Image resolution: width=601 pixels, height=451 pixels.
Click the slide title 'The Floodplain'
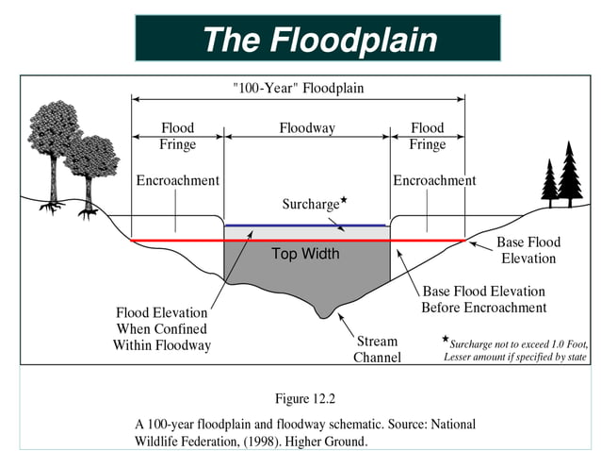coord(319,40)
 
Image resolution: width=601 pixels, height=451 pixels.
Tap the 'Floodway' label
coord(307,127)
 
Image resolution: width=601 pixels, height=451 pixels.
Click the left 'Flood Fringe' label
coord(177,136)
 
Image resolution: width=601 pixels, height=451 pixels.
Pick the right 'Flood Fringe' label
coord(427,136)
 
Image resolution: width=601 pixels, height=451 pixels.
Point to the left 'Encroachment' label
coord(177,180)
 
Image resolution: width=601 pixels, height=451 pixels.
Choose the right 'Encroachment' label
coord(434,180)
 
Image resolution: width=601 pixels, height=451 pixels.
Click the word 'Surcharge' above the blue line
coord(310,204)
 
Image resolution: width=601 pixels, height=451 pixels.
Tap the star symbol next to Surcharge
coord(344,200)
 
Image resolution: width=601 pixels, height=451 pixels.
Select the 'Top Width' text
coord(305,254)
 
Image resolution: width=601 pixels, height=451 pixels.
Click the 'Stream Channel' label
coord(377,349)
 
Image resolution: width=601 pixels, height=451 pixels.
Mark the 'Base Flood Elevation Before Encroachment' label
coord(483,299)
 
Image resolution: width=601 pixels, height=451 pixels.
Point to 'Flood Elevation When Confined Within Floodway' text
coord(162,328)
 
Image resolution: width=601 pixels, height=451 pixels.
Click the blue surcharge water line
coord(305,225)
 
